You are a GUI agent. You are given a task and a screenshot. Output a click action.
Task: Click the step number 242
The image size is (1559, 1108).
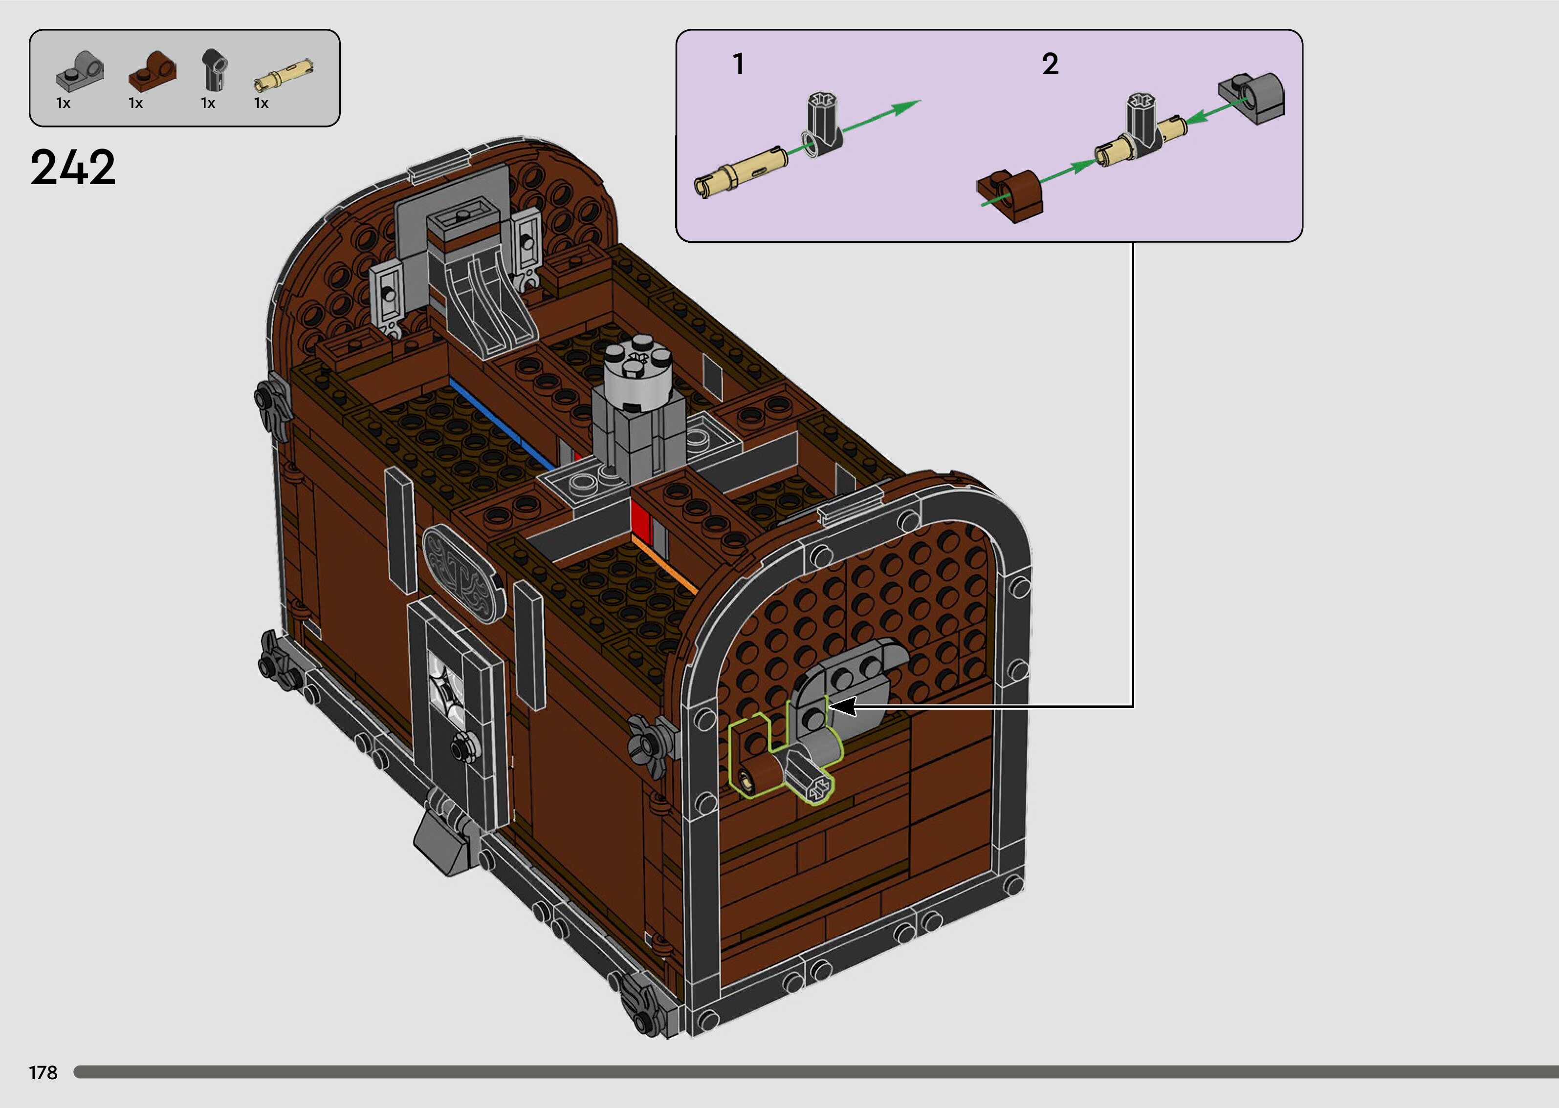click(73, 168)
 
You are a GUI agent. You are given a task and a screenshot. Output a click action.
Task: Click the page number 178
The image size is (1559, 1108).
click(43, 1072)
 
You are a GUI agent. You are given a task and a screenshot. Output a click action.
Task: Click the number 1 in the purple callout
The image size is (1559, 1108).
click(738, 64)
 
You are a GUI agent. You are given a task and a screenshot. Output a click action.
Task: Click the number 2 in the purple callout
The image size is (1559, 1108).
click(1051, 64)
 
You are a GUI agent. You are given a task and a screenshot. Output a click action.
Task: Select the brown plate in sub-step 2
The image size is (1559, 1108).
click(1010, 195)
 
